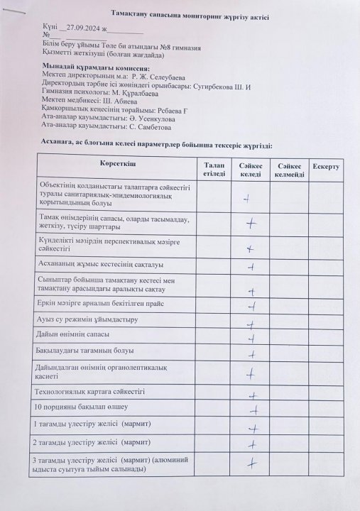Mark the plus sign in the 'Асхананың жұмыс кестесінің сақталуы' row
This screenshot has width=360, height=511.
coord(251,268)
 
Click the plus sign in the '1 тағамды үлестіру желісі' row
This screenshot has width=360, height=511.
coord(251,429)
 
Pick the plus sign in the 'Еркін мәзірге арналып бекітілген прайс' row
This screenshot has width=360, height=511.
coord(251,307)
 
